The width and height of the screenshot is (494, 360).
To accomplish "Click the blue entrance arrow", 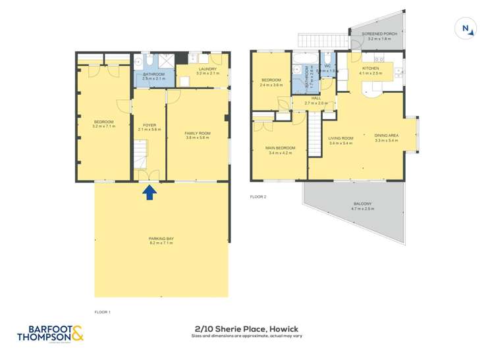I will [150, 192].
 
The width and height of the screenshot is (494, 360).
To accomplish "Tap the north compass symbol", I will [466, 28].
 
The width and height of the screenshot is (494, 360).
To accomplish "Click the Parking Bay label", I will [161, 240].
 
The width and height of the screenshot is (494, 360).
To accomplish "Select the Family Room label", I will [197, 135].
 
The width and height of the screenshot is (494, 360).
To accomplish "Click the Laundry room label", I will [207, 69].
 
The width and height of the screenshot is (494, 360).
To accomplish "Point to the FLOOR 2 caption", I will [257, 196].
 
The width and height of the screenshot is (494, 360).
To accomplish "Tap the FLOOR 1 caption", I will [103, 312].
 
